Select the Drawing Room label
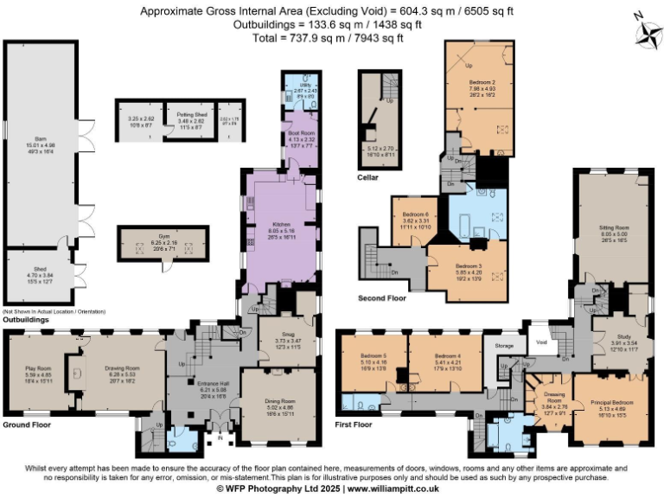pos(123,368)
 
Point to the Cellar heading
pos(367,177)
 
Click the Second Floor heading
pos(381,297)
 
